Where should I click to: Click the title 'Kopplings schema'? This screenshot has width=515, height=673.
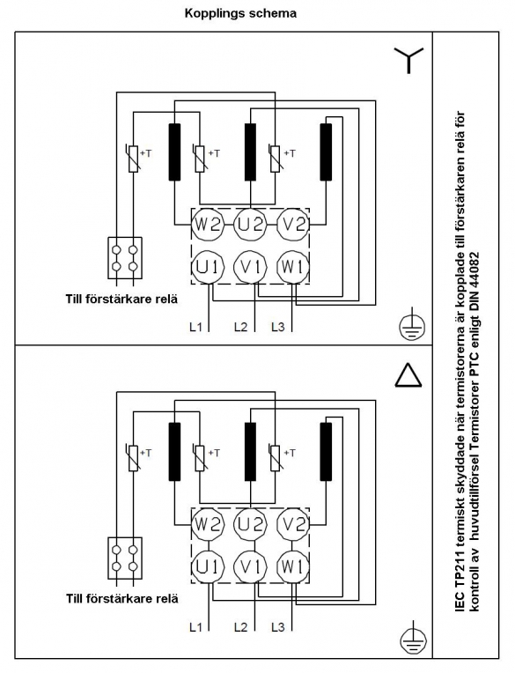coord(240,13)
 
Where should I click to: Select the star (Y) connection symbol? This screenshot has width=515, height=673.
coord(408,59)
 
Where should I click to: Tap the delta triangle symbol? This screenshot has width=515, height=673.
coord(408,375)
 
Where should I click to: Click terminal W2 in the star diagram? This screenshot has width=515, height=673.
coord(208,224)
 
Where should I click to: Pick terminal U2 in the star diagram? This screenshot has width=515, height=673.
coord(250,224)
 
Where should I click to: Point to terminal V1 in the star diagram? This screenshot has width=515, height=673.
coord(250,267)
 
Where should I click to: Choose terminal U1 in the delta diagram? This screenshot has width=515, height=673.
coord(208,566)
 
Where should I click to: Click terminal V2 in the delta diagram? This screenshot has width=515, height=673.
coord(293,523)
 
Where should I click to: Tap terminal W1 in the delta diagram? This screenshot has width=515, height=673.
coord(293,566)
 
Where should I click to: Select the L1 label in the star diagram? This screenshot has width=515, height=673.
coord(195,327)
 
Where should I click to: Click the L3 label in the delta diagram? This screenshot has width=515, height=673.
coord(278,627)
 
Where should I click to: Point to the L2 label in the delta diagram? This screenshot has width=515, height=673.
coord(240,627)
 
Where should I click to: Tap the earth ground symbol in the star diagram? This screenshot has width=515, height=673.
coord(412,325)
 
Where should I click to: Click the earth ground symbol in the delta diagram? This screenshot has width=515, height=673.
coord(412,639)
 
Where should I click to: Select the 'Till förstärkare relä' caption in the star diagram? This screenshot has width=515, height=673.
coord(121,299)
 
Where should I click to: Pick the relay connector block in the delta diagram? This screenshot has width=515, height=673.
coord(125,558)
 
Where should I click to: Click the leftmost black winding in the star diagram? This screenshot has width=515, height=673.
coord(174,152)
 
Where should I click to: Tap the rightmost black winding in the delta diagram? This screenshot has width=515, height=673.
coord(326,452)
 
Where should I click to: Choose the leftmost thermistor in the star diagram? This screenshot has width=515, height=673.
coord(134,159)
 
